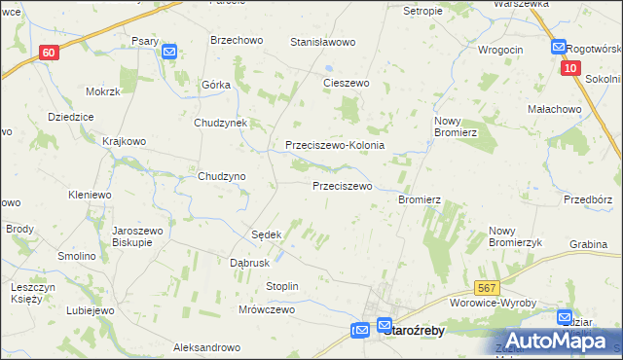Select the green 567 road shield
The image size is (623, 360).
click(x=488, y=288)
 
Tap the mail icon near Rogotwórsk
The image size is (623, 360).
click(x=559, y=46)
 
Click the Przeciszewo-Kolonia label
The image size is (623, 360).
click(x=335, y=145)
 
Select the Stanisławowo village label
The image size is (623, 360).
click(x=323, y=43)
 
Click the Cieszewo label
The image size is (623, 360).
click(x=346, y=84)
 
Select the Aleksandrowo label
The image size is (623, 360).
click(x=206, y=347)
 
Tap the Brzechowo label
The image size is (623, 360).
click(x=238, y=41)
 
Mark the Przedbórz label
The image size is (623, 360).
click(x=587, y=199)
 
